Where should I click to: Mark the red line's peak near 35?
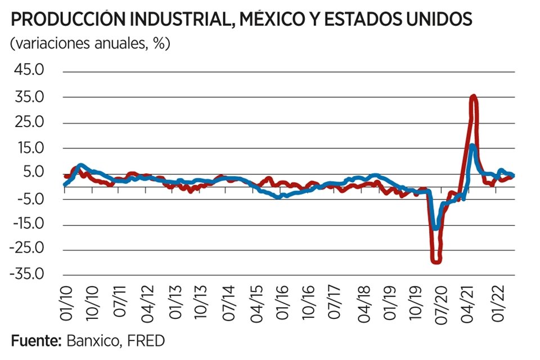473,97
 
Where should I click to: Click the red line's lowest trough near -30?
436,260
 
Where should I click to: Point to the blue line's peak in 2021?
472,146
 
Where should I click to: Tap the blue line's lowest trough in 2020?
435,227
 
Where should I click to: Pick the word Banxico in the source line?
91,341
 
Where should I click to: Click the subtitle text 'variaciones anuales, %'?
90,44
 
